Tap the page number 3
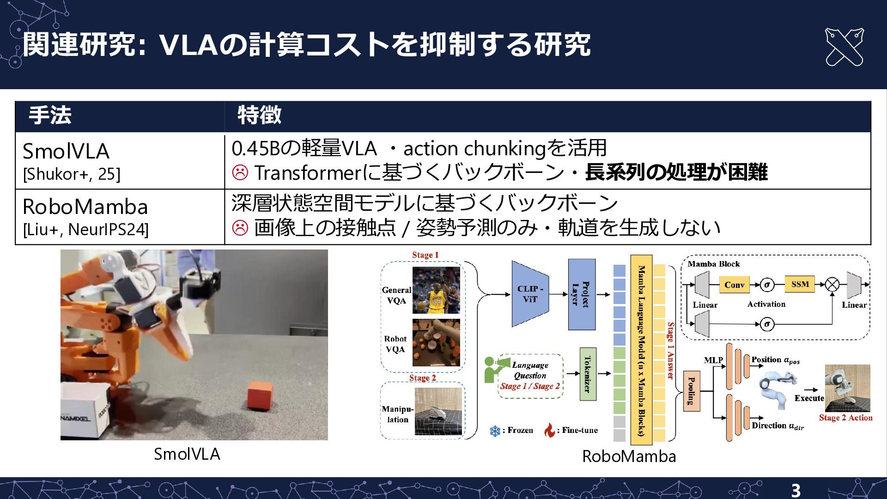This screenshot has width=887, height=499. coord(796,490)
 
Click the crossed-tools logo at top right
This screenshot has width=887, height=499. coord(844,47)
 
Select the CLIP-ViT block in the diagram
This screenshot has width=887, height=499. coord(530,294)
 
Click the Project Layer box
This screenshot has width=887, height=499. coord(582,294)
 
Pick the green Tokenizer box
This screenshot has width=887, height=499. coord(588,374)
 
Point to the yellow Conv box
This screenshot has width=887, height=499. coord(734,285)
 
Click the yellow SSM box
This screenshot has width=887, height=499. coord(800,284)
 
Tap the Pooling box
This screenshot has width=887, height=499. coord(692,391)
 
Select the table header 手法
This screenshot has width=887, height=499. coord(50,116)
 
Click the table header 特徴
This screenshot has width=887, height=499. coord(259,116)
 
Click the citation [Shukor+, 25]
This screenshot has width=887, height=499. coord(72,174)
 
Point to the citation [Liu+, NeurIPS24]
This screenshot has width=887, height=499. coord(85,230)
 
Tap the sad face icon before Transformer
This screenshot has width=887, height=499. coord(240,172)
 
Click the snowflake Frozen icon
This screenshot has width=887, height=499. coord(495,431)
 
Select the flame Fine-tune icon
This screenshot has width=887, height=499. coord(549,430)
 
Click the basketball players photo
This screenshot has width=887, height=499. coord(436,290)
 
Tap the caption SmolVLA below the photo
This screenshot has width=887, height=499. coord(187,454)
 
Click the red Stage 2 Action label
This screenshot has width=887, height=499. coord(845,418)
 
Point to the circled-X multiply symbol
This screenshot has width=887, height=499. coord(832,284)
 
